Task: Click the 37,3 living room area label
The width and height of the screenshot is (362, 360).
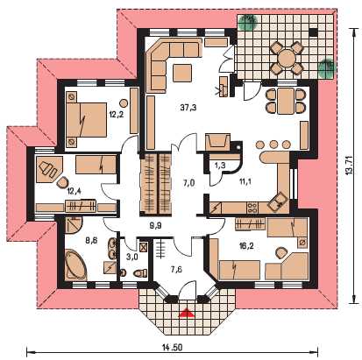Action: (188, 108)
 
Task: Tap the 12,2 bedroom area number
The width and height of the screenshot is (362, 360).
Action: (117, 114)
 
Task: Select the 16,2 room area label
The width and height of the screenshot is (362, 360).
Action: (246, 246)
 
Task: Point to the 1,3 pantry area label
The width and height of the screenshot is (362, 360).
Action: (220, 166)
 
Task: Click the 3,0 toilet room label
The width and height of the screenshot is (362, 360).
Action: (131, 257)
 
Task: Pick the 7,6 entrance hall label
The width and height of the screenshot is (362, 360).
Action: (176, 269)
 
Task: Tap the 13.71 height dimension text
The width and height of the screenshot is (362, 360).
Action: (349, 166)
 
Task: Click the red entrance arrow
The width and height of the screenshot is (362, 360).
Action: (187, 314)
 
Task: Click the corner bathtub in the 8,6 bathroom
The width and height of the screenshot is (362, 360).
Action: (75, 264)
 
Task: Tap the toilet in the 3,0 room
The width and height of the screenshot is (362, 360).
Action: (140, 273)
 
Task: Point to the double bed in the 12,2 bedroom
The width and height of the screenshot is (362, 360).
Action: (87, 119)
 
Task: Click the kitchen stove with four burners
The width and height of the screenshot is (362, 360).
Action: (252, 208)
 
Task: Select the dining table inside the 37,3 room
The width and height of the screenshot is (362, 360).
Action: (286, 101)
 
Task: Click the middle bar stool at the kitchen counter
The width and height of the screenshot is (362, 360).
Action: (273, 144)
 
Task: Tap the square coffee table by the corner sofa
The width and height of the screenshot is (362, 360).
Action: (182, 73)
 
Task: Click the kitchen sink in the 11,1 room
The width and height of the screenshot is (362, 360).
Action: (279, 201)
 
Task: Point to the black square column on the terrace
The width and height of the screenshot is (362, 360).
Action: (313, 32)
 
